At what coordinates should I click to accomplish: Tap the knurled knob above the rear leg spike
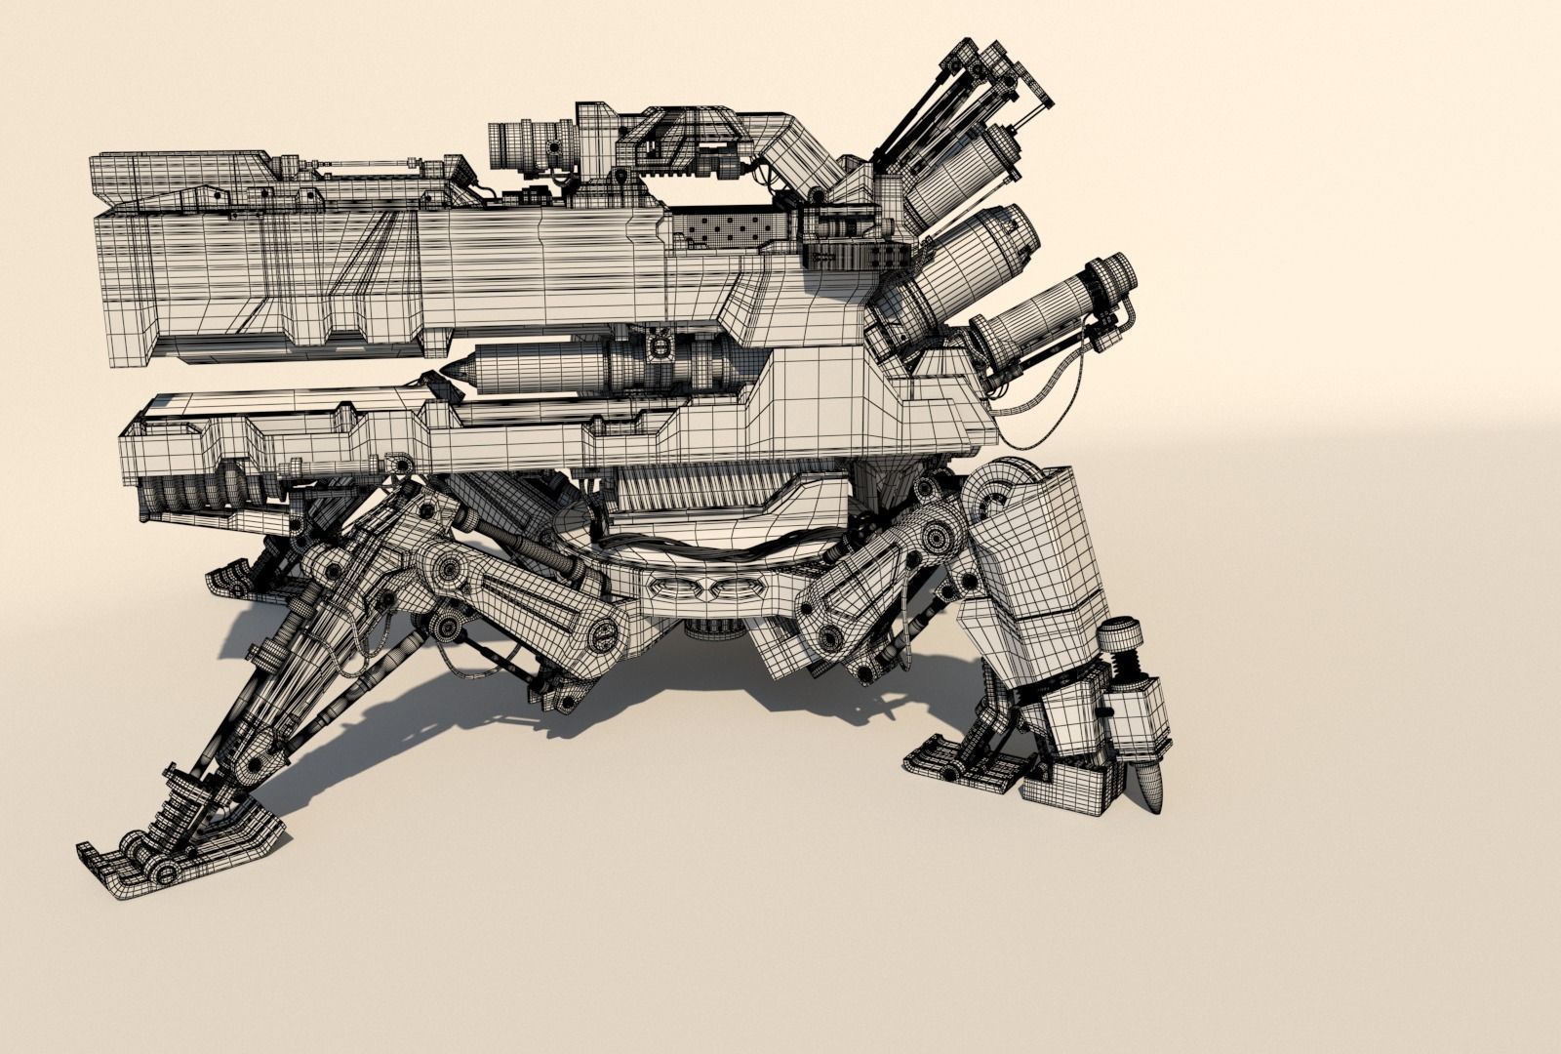[x=1119, y=639]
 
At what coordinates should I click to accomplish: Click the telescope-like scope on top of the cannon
[x=532, y=142]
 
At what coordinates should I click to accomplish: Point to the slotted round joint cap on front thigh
[x=603, y=635]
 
